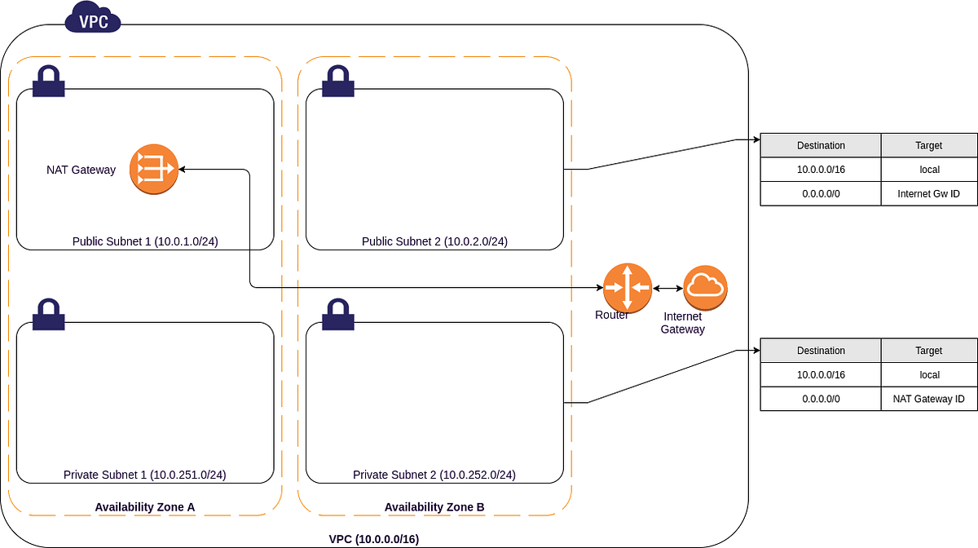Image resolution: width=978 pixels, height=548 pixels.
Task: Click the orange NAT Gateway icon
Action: point(153,170)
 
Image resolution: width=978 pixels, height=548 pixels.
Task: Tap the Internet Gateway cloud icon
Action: point(705,286)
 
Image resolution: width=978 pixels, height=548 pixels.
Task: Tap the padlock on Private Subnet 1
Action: point(49,315)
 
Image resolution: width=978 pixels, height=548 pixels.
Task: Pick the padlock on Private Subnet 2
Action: point(338,315)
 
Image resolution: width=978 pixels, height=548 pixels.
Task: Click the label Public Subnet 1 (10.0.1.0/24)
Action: point(145,241)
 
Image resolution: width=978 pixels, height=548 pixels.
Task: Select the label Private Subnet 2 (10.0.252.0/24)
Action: point(434,475)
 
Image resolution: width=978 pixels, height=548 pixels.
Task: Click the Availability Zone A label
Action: point(145,507)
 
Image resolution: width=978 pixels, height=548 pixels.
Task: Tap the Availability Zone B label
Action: point(434,507)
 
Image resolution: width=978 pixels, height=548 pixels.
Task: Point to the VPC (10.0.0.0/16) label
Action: point(374,539)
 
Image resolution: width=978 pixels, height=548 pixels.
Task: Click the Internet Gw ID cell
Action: point(928,194)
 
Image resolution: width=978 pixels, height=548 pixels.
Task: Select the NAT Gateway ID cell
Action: point(928,399)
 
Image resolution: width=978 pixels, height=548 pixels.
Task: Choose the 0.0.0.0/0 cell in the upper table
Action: point(821,194)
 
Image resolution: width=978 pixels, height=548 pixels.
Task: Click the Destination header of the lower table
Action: point(821,351)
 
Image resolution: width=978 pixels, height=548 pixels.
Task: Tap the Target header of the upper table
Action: point(928,146)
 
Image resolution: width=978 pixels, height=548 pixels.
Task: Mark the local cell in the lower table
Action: point(928,375)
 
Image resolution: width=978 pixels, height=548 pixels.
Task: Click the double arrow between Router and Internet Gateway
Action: point(667,287)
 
